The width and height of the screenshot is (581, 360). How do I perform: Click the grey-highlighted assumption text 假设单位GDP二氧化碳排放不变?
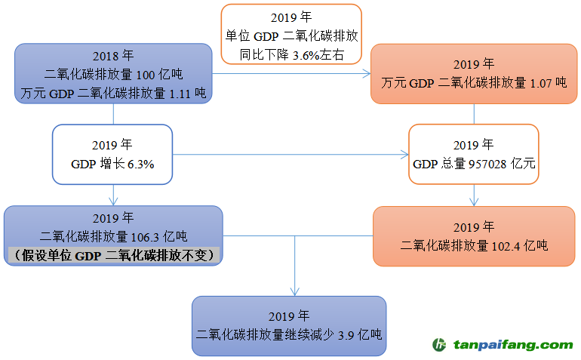(x=113, y=256)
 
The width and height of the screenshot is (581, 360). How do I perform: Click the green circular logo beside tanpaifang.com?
(x=439, y=345)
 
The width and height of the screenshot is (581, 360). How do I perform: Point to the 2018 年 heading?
(x=113, y=56)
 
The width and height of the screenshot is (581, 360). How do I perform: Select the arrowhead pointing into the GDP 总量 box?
(x=404, y=155)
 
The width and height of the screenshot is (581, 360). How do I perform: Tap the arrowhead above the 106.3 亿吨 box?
(x=113, y=201)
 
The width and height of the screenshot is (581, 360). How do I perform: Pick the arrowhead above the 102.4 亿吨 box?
(x=474, y=202)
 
